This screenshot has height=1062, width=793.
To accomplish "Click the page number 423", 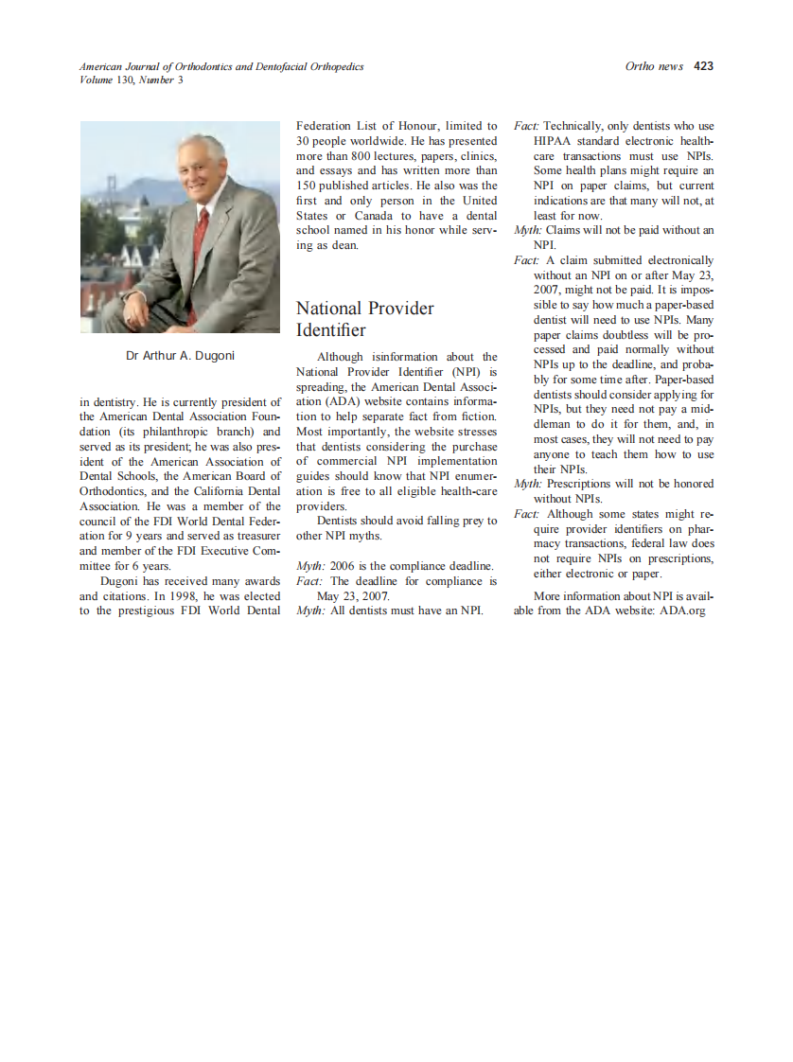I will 703,66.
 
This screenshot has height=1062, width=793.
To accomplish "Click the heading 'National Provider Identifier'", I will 364,319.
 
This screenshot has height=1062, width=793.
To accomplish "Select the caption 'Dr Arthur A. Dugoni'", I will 180,356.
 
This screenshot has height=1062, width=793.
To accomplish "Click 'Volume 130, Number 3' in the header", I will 132,80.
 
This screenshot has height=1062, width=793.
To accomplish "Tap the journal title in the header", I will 221,66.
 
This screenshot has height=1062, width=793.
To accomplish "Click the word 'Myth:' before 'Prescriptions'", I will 528,484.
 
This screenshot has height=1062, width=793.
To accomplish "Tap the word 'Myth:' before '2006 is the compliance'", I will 311,566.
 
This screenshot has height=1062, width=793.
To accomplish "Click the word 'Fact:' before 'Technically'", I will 526,126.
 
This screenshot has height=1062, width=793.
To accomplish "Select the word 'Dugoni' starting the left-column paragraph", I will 120,581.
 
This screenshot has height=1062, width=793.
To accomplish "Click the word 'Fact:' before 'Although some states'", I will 526,514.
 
